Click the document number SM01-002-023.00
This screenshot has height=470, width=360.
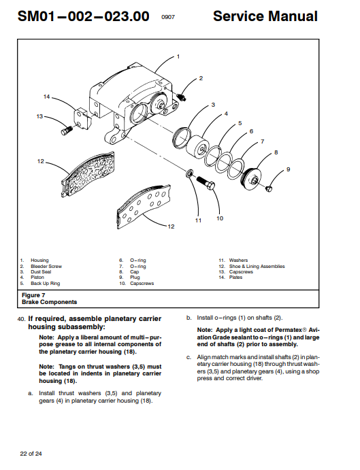point(84,16)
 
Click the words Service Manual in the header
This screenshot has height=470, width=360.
point(265,16)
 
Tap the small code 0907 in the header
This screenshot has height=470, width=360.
point(168,17)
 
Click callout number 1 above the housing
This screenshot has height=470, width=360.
point(178,56)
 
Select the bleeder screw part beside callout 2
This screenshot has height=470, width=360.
point(181,97)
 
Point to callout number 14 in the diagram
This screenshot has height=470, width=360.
point(46,97)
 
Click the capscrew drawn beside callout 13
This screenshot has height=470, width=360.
point(67,131)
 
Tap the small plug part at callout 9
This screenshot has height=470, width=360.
point(269,188)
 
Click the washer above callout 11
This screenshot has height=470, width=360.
point(190,173)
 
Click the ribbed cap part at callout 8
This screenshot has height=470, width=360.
point(252,179)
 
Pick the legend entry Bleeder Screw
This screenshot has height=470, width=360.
point(46,266)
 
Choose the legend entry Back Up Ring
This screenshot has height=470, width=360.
point(46,283)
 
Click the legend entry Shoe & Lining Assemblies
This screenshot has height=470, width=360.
point(257,266)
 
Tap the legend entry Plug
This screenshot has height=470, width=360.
point(135,278)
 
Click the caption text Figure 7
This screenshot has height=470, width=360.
point(33,295)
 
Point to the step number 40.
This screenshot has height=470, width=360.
point(22,319)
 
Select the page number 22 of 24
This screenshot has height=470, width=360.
point(31,454)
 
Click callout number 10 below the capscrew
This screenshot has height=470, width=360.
point(220,218)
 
